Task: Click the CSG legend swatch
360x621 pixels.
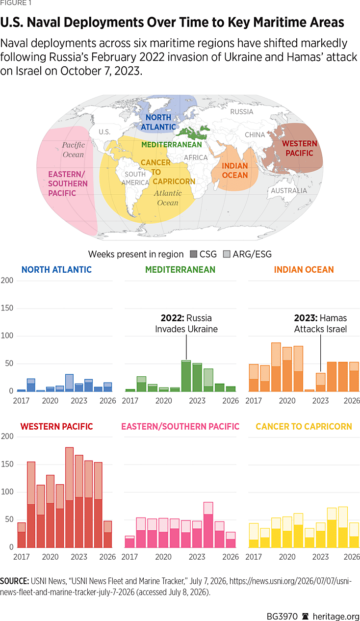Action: point(193,254)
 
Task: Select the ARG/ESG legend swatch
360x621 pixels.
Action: point(227,254)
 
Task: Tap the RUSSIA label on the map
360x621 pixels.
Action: point(242,112)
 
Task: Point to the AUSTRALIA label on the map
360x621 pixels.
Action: point(289,190)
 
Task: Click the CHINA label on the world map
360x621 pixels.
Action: point(255,135)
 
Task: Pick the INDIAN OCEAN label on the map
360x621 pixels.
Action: point(235,171)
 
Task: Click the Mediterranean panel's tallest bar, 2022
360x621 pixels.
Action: point(186,376)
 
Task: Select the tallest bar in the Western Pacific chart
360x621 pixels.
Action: point(69,497)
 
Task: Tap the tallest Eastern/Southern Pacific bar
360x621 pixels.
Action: point(208,525)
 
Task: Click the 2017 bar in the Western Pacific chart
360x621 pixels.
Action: point(22,535)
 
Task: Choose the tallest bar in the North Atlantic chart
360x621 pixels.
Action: point(69,383)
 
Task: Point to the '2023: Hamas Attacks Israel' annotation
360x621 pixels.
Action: point(320,323)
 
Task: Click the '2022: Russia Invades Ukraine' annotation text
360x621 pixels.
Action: point(186,323)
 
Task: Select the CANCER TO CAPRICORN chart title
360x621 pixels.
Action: point(304,426)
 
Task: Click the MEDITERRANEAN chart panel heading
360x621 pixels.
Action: point(180,269)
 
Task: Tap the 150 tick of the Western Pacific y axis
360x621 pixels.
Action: point(7,464)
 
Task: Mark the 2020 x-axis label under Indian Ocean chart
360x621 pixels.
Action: point(287,401)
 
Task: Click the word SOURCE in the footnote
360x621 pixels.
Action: point(14,581)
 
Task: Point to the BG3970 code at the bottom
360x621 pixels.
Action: point(282,616)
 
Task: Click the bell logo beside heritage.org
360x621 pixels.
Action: point(305,616)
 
